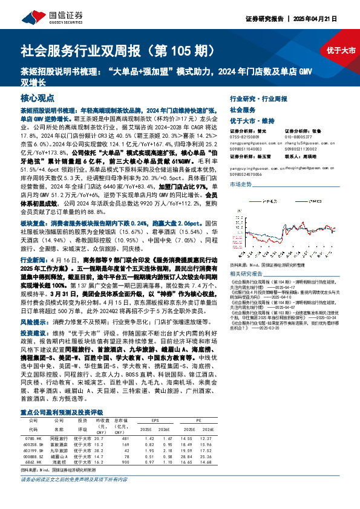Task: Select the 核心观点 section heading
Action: coord(37,97)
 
